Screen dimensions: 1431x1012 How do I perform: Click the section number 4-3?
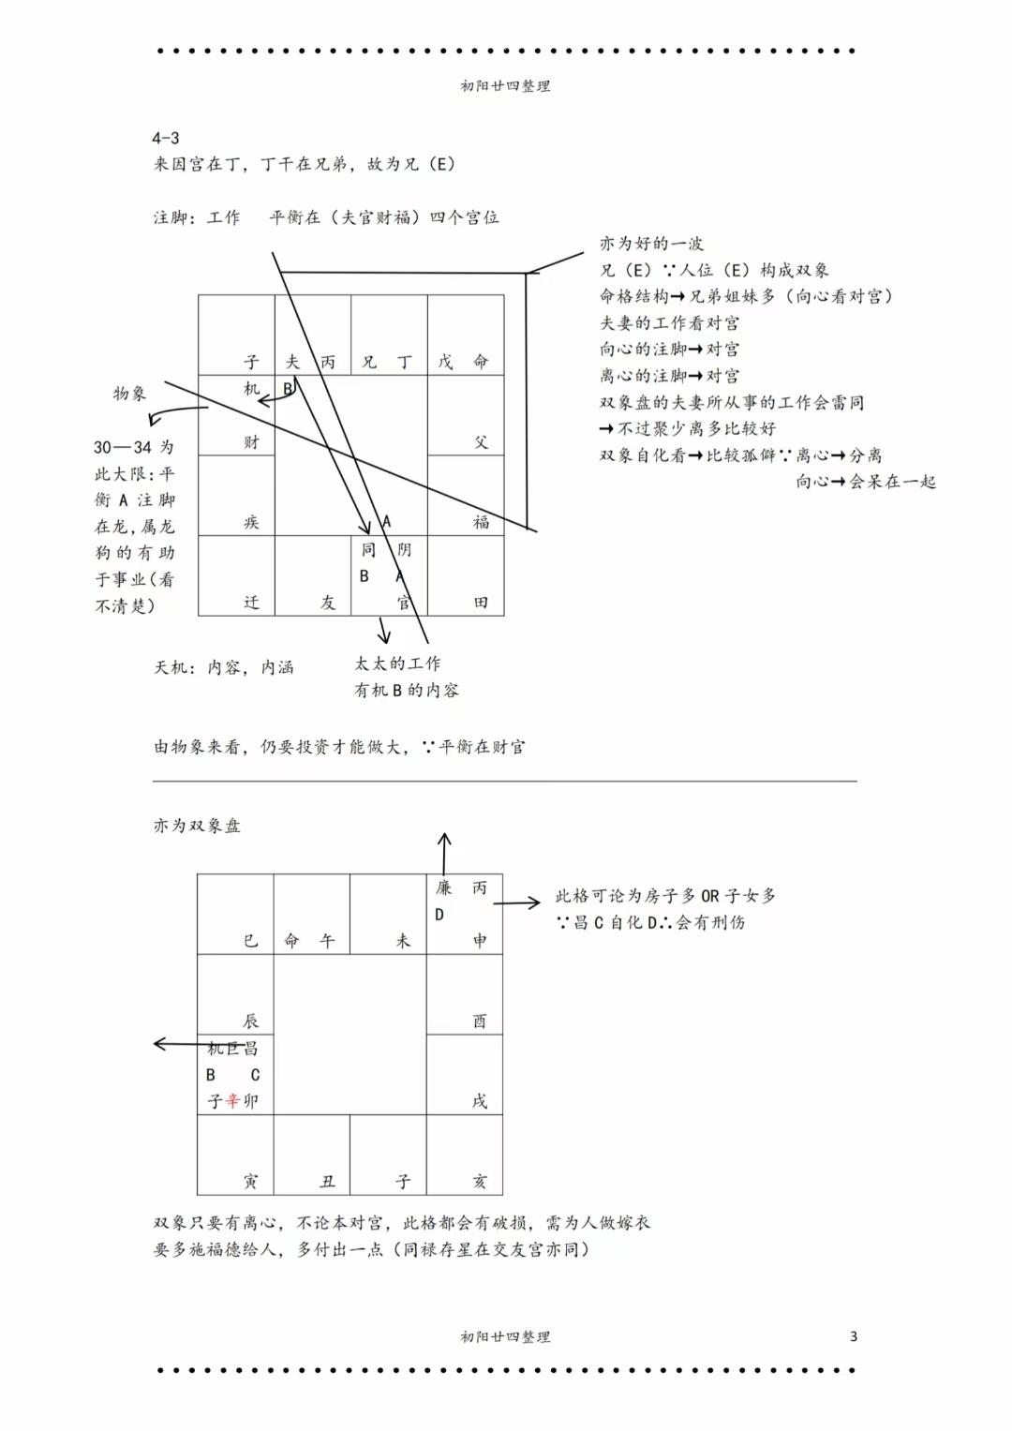(x=166, y=138)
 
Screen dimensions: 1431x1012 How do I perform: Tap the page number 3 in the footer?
(x=853, y=1336)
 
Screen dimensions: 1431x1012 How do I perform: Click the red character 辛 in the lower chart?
(x=232, y=1101)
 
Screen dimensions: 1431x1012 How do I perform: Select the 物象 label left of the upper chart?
(x=129, y=394)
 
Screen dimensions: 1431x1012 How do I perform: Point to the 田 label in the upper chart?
(x=481, y=603)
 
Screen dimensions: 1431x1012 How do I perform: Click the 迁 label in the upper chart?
(x=251, y=603)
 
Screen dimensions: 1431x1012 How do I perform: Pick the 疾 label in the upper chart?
(x=251, y=522)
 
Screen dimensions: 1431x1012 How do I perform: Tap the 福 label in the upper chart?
(x=481, y=522)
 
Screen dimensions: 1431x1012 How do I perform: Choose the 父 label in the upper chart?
(x=481, y=442)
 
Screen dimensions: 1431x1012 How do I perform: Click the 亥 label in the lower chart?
(x=480, y=1182)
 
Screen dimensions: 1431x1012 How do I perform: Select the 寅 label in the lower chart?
(x=250, y=1182)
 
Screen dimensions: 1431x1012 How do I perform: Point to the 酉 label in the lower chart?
(x=480, y=1021)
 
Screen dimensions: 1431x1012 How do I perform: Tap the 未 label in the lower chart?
(x=403, y=941)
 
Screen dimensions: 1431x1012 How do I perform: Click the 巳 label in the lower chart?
(x=250, y=941)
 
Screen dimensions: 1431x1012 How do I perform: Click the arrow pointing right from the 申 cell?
(x=517, y=903)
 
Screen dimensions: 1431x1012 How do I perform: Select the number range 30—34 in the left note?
(x=123, y=448)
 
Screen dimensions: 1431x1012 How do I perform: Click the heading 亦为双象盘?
(x=197, y=826)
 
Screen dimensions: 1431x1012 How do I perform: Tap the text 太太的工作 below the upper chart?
(x=397, y=663)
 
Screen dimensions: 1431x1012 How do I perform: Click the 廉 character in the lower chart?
(x=443, y=887)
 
